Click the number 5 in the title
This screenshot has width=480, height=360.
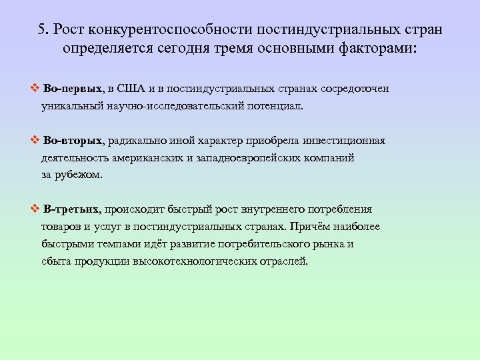(41, 30)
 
